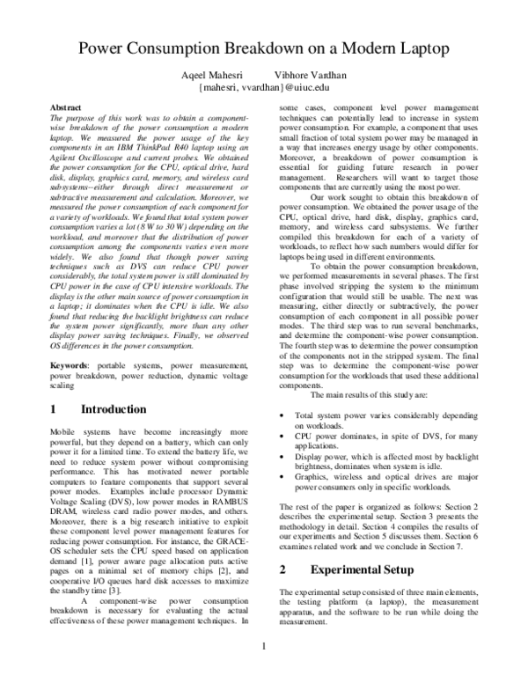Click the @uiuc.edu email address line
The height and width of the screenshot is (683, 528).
(263, 87)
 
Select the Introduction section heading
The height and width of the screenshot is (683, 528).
(113, 409)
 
